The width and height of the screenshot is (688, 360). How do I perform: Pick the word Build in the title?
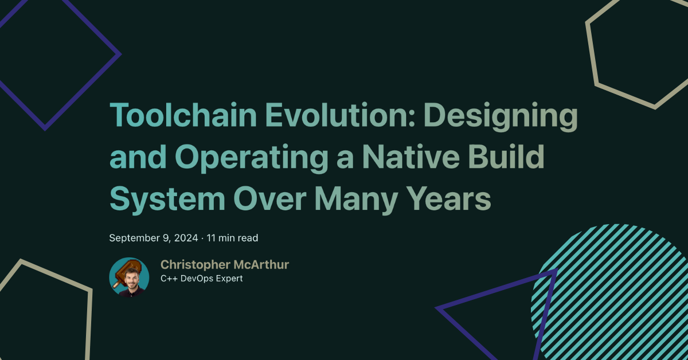508,158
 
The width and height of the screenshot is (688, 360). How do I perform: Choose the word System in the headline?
167,199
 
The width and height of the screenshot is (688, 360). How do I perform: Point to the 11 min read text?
232,237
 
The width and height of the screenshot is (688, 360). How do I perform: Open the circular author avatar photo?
129,277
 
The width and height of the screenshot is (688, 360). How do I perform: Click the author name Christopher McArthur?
224,264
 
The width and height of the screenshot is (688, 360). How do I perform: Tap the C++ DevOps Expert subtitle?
201,279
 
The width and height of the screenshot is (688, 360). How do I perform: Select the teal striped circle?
619,287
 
